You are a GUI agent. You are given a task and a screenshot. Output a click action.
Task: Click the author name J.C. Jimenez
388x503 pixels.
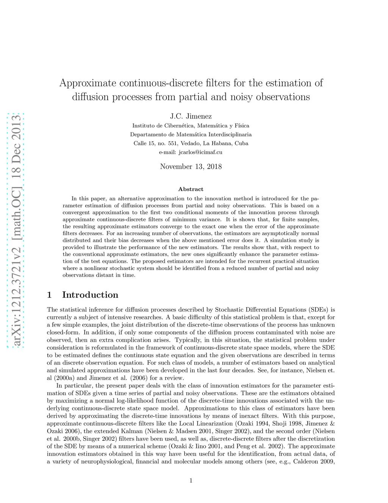(x=191, y=116)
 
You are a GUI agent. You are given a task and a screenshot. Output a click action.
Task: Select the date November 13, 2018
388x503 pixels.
(x=191, y=166)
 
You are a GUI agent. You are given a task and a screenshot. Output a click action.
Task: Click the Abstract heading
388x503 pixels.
(x=191, y=189)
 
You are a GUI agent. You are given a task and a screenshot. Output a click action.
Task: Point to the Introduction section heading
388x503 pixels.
(x=90, y=295)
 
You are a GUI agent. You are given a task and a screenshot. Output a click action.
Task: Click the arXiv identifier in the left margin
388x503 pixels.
(x=16, y=230)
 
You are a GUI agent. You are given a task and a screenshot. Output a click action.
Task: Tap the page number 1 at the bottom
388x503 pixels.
(x=191, y=481)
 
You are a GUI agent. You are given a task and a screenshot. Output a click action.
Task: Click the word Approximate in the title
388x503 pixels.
(x=88, y=83)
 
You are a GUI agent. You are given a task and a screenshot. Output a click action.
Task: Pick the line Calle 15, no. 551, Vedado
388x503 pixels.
(x=191, y=143)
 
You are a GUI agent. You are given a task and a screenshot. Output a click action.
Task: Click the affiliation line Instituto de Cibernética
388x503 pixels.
(x=191, y=126)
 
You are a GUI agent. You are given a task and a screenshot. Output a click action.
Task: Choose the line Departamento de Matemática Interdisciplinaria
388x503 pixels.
(x=191, y=134)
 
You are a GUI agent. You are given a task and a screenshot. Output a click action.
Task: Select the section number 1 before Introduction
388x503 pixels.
(x=49, y=295)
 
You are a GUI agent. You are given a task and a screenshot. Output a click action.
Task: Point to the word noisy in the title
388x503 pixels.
(x=238, y=97)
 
